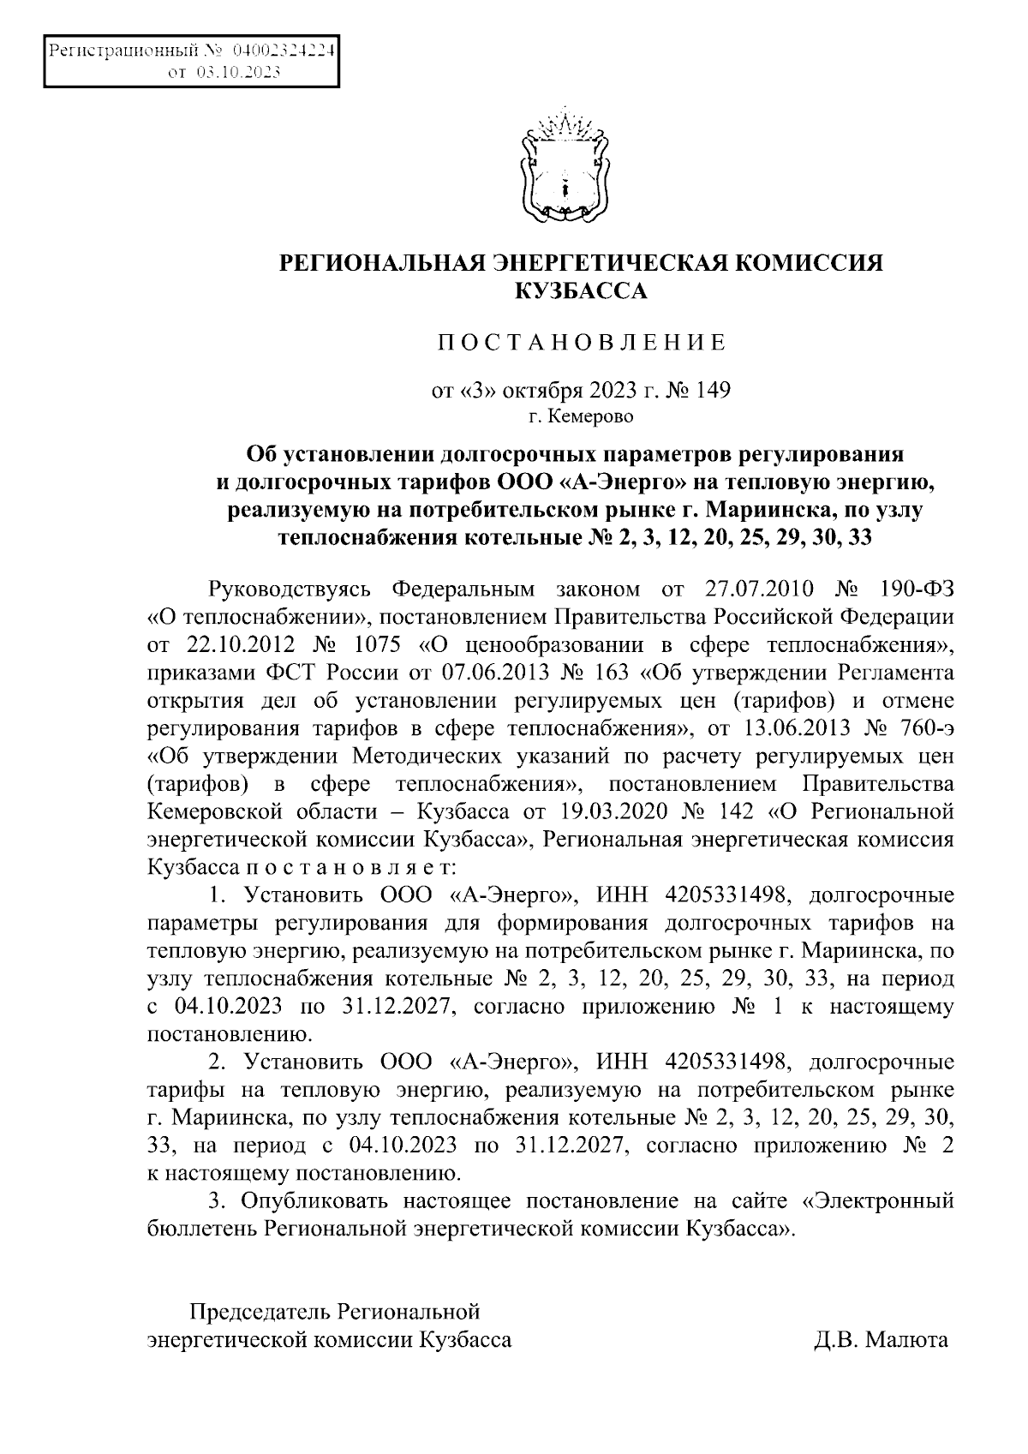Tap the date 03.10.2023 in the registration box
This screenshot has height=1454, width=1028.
click(x=238, y=74)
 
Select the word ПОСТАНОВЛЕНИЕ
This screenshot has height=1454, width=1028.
click(x=583, y=344)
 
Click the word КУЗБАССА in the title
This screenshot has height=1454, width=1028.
click(x=582, y=291)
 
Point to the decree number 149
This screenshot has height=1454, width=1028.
click(x=714, y=391)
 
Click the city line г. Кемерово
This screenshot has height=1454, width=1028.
click(x=582, y=418)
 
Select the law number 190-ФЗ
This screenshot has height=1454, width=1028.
click(x=916, y=589)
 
